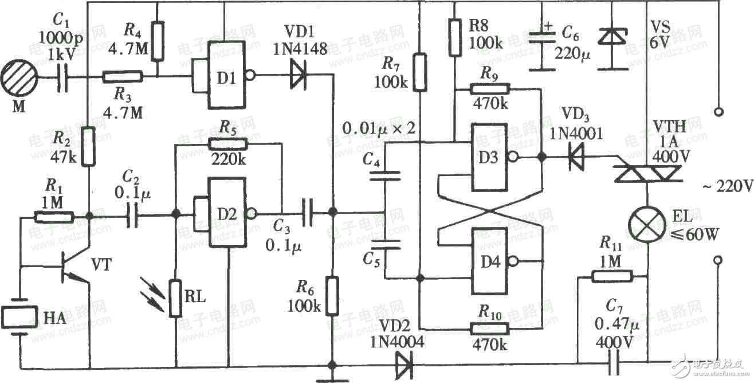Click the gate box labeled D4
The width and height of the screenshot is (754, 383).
(489, 261)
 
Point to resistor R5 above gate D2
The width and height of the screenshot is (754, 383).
(228, 144)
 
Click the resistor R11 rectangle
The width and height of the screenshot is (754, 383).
(612, 277)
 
